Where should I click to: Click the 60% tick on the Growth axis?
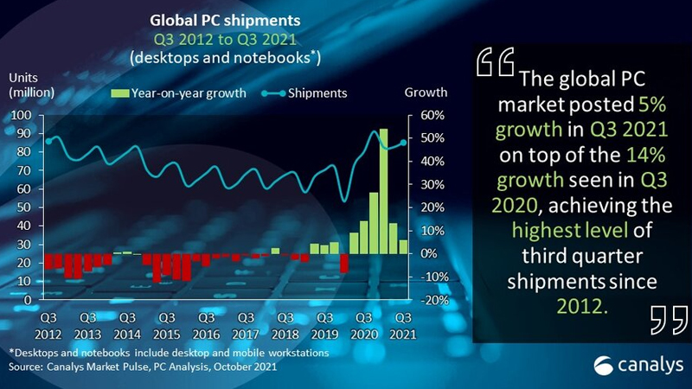point(432,116)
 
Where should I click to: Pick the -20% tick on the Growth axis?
point(432,300)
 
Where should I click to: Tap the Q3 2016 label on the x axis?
point(206,326)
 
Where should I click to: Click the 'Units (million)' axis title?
point(29,84)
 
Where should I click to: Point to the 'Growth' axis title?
point(426,92)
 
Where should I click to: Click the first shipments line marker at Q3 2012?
point(48,141)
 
